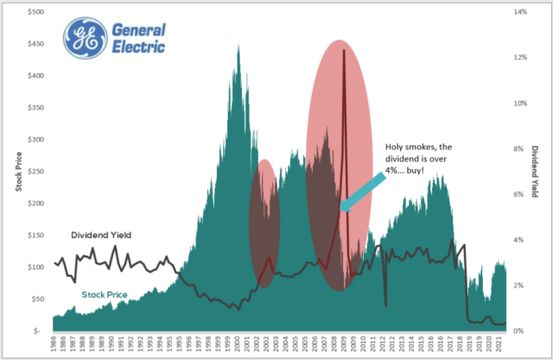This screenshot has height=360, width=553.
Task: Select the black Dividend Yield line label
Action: point(100,235)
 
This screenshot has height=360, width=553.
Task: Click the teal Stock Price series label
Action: point(105,295)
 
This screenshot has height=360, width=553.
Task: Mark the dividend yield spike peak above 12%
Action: point(344,50)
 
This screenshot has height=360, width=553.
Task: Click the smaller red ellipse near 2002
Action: point(264,223)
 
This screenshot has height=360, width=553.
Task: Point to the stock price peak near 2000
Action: point(238,47)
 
